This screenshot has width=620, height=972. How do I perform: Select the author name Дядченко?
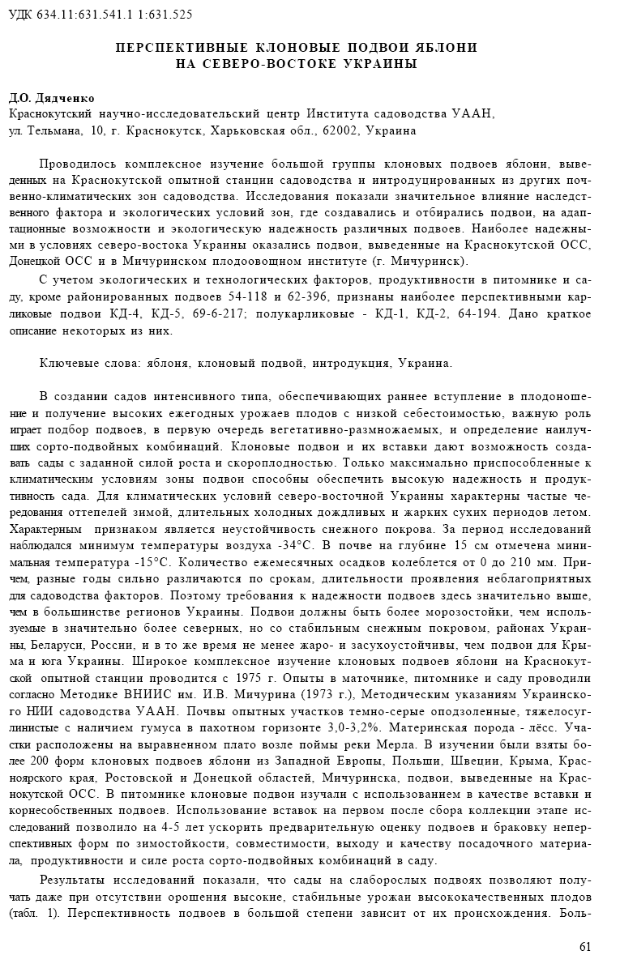[x=64, y=99]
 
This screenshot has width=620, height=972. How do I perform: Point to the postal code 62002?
[x=341, y=130]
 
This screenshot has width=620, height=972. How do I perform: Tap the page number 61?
[x=585, y=945]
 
